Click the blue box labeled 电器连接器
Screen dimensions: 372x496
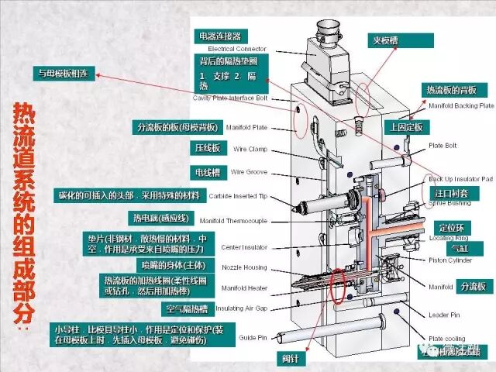(221, 36)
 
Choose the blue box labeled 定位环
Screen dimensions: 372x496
(452, 229)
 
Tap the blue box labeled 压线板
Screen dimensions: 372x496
(205, 147)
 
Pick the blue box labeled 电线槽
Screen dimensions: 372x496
(205, 172)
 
